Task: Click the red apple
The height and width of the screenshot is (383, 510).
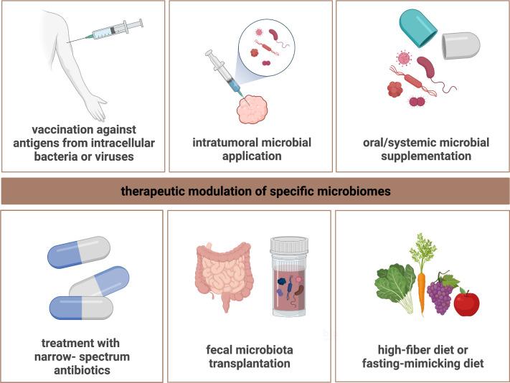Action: click(x=466, y=303)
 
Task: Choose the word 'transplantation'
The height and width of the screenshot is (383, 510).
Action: click(x=250, y=364)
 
